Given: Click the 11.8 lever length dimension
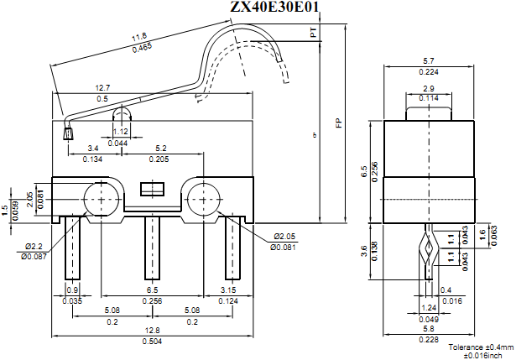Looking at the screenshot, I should coord(139,38).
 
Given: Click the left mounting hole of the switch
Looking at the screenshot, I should coord(101,199).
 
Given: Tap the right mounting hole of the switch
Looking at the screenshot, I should coord(203,199).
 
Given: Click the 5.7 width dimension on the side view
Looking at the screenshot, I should coord(428,61).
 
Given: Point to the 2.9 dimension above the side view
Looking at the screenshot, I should coord(428,88).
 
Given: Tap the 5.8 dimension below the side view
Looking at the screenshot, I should coord(428,329).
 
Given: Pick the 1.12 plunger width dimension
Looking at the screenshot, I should coord(120,132).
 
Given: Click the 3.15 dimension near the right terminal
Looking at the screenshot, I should coord(227,290).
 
